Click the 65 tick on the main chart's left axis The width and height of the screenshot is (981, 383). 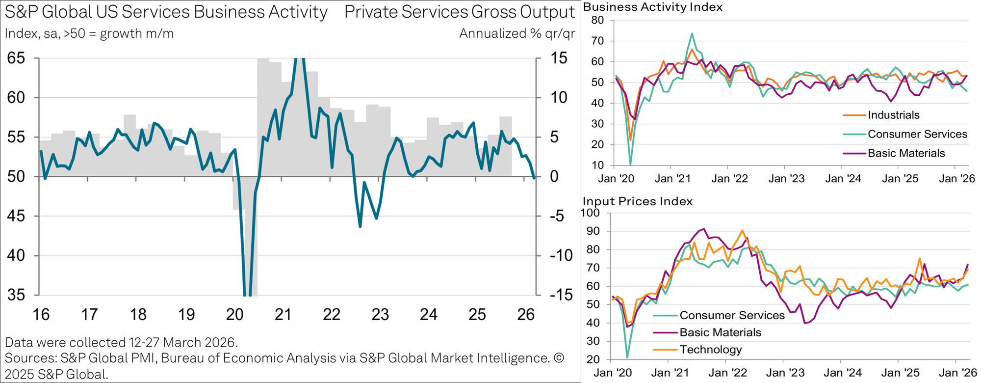point(16,58)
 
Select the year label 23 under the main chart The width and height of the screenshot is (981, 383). point(380,314)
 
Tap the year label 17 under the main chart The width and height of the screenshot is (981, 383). point(89,314)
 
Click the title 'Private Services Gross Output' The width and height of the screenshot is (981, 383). point(460,12)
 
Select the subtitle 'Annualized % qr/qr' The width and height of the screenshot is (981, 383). point(517,34)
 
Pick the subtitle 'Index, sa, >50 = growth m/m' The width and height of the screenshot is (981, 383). point(89,34)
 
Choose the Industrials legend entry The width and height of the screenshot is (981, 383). point(893,115)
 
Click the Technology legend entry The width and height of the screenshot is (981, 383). point(710,350)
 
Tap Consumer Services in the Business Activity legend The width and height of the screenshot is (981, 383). point(917,135)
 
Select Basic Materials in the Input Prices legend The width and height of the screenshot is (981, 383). point(720,332)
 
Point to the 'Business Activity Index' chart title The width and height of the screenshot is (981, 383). point(653,7)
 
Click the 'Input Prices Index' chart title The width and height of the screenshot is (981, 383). point(638,201)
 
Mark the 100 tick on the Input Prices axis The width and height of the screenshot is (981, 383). point(590,213)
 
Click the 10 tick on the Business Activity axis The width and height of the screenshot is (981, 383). point(597,165)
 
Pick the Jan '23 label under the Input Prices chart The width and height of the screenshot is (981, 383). point(786,373)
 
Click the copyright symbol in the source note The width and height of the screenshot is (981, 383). point(559,358)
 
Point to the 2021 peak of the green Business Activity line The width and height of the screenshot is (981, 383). point(692,34)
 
